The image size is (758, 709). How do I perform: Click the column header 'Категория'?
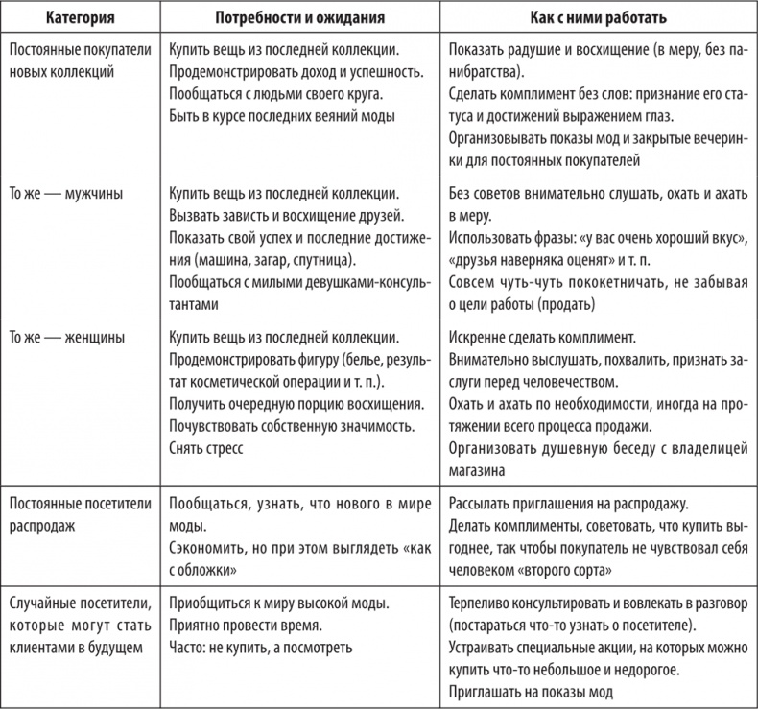[75, 18]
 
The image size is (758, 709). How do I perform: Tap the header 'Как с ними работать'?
[599, 18]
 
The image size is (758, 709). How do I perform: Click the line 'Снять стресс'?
[206, 448]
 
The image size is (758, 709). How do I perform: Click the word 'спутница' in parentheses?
[320, 259]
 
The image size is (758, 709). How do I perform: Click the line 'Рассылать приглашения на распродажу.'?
[569, 504]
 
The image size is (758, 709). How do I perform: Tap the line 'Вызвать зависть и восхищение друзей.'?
[285, 215]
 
